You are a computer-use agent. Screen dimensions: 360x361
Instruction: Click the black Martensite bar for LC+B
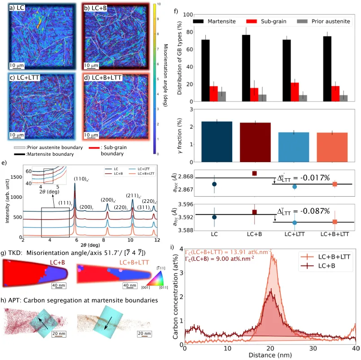point(246,67)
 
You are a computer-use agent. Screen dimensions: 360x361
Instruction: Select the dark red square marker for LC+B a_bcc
point(255,173)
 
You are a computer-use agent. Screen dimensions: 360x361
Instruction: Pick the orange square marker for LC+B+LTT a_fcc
point(335,222)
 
